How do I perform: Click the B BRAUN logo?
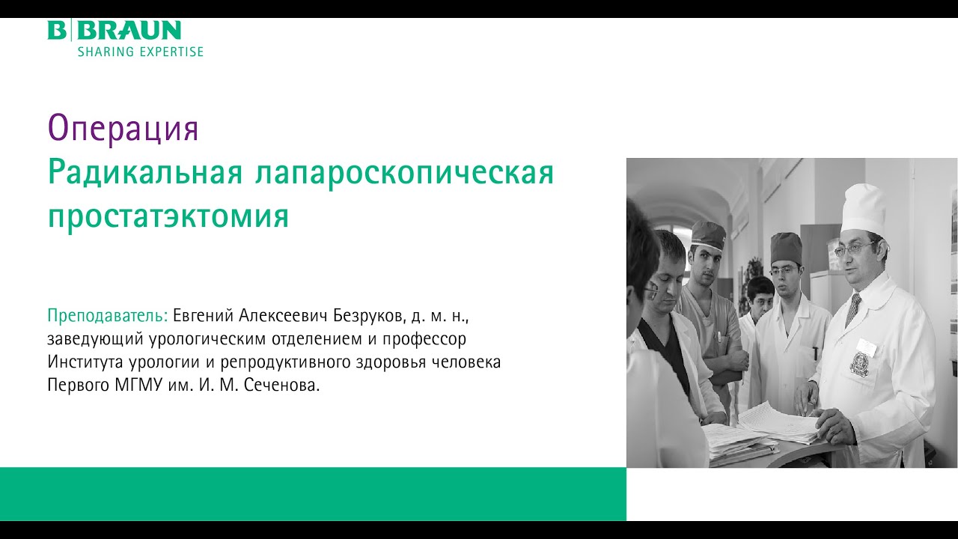pos(115,31)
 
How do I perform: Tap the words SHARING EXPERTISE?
pos(140,52)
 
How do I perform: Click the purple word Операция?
pos(123,129)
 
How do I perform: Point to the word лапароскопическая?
pos(404,174)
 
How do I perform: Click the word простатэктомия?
pos(168,216)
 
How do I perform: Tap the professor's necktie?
pos(853,308)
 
